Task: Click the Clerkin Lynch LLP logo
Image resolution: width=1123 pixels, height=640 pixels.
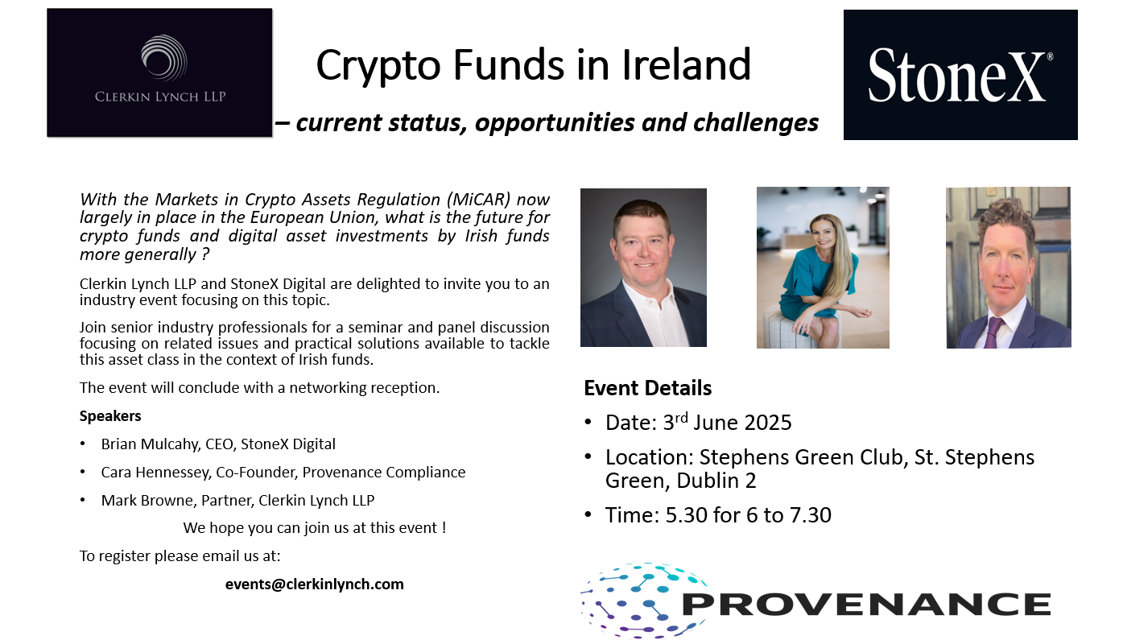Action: click(x=159, y=72)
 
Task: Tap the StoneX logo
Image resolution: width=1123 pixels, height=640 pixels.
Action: click(x=960, y=75)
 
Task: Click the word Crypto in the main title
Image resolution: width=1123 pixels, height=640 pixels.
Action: click(x=378, y=65)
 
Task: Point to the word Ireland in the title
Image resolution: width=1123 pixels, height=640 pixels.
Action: click(x=686, y=64)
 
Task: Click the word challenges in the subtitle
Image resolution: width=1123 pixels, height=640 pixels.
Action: click(x=756, y=123)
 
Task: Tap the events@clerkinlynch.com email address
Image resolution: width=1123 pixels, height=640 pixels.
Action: click(x=314, y=584)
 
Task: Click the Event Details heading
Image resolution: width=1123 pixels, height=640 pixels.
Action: click(x=648, y=388)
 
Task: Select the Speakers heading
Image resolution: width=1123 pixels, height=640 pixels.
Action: click(x=110, y=416)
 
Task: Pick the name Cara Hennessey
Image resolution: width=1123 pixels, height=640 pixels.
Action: click(x=155, y=472)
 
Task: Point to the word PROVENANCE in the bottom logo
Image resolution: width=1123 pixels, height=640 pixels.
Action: click(x=866, y=605)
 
